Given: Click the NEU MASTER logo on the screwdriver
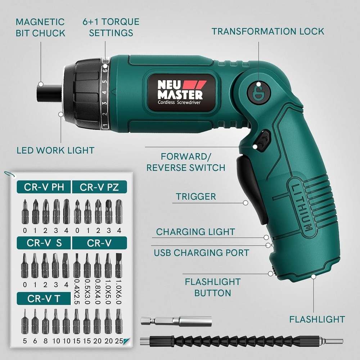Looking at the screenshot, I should (181, 90).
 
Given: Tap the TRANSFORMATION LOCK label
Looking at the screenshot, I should (268, 31).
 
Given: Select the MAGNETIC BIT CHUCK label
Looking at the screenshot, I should (40, 28).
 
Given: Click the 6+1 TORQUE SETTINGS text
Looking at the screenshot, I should (111, 27).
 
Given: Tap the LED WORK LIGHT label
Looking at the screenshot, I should (55, 150).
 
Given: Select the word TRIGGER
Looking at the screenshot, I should (196, 197).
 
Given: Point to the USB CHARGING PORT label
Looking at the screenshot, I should (201, 253).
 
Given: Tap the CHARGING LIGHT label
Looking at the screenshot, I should (195, 232).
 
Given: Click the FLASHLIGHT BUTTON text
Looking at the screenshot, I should (212, 287).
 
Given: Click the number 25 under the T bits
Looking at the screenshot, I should (118, 340).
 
